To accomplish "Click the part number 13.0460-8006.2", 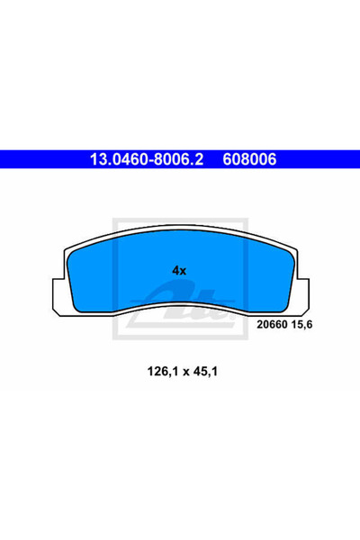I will [x=144, y=160].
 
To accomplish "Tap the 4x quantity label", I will [x=178, y=269].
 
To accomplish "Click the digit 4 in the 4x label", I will [x=175, y=269].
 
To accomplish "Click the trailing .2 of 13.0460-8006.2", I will [x=199, y=160].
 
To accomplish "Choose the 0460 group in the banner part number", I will [x=125, y=160].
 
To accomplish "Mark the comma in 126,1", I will [x=157, y=371].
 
